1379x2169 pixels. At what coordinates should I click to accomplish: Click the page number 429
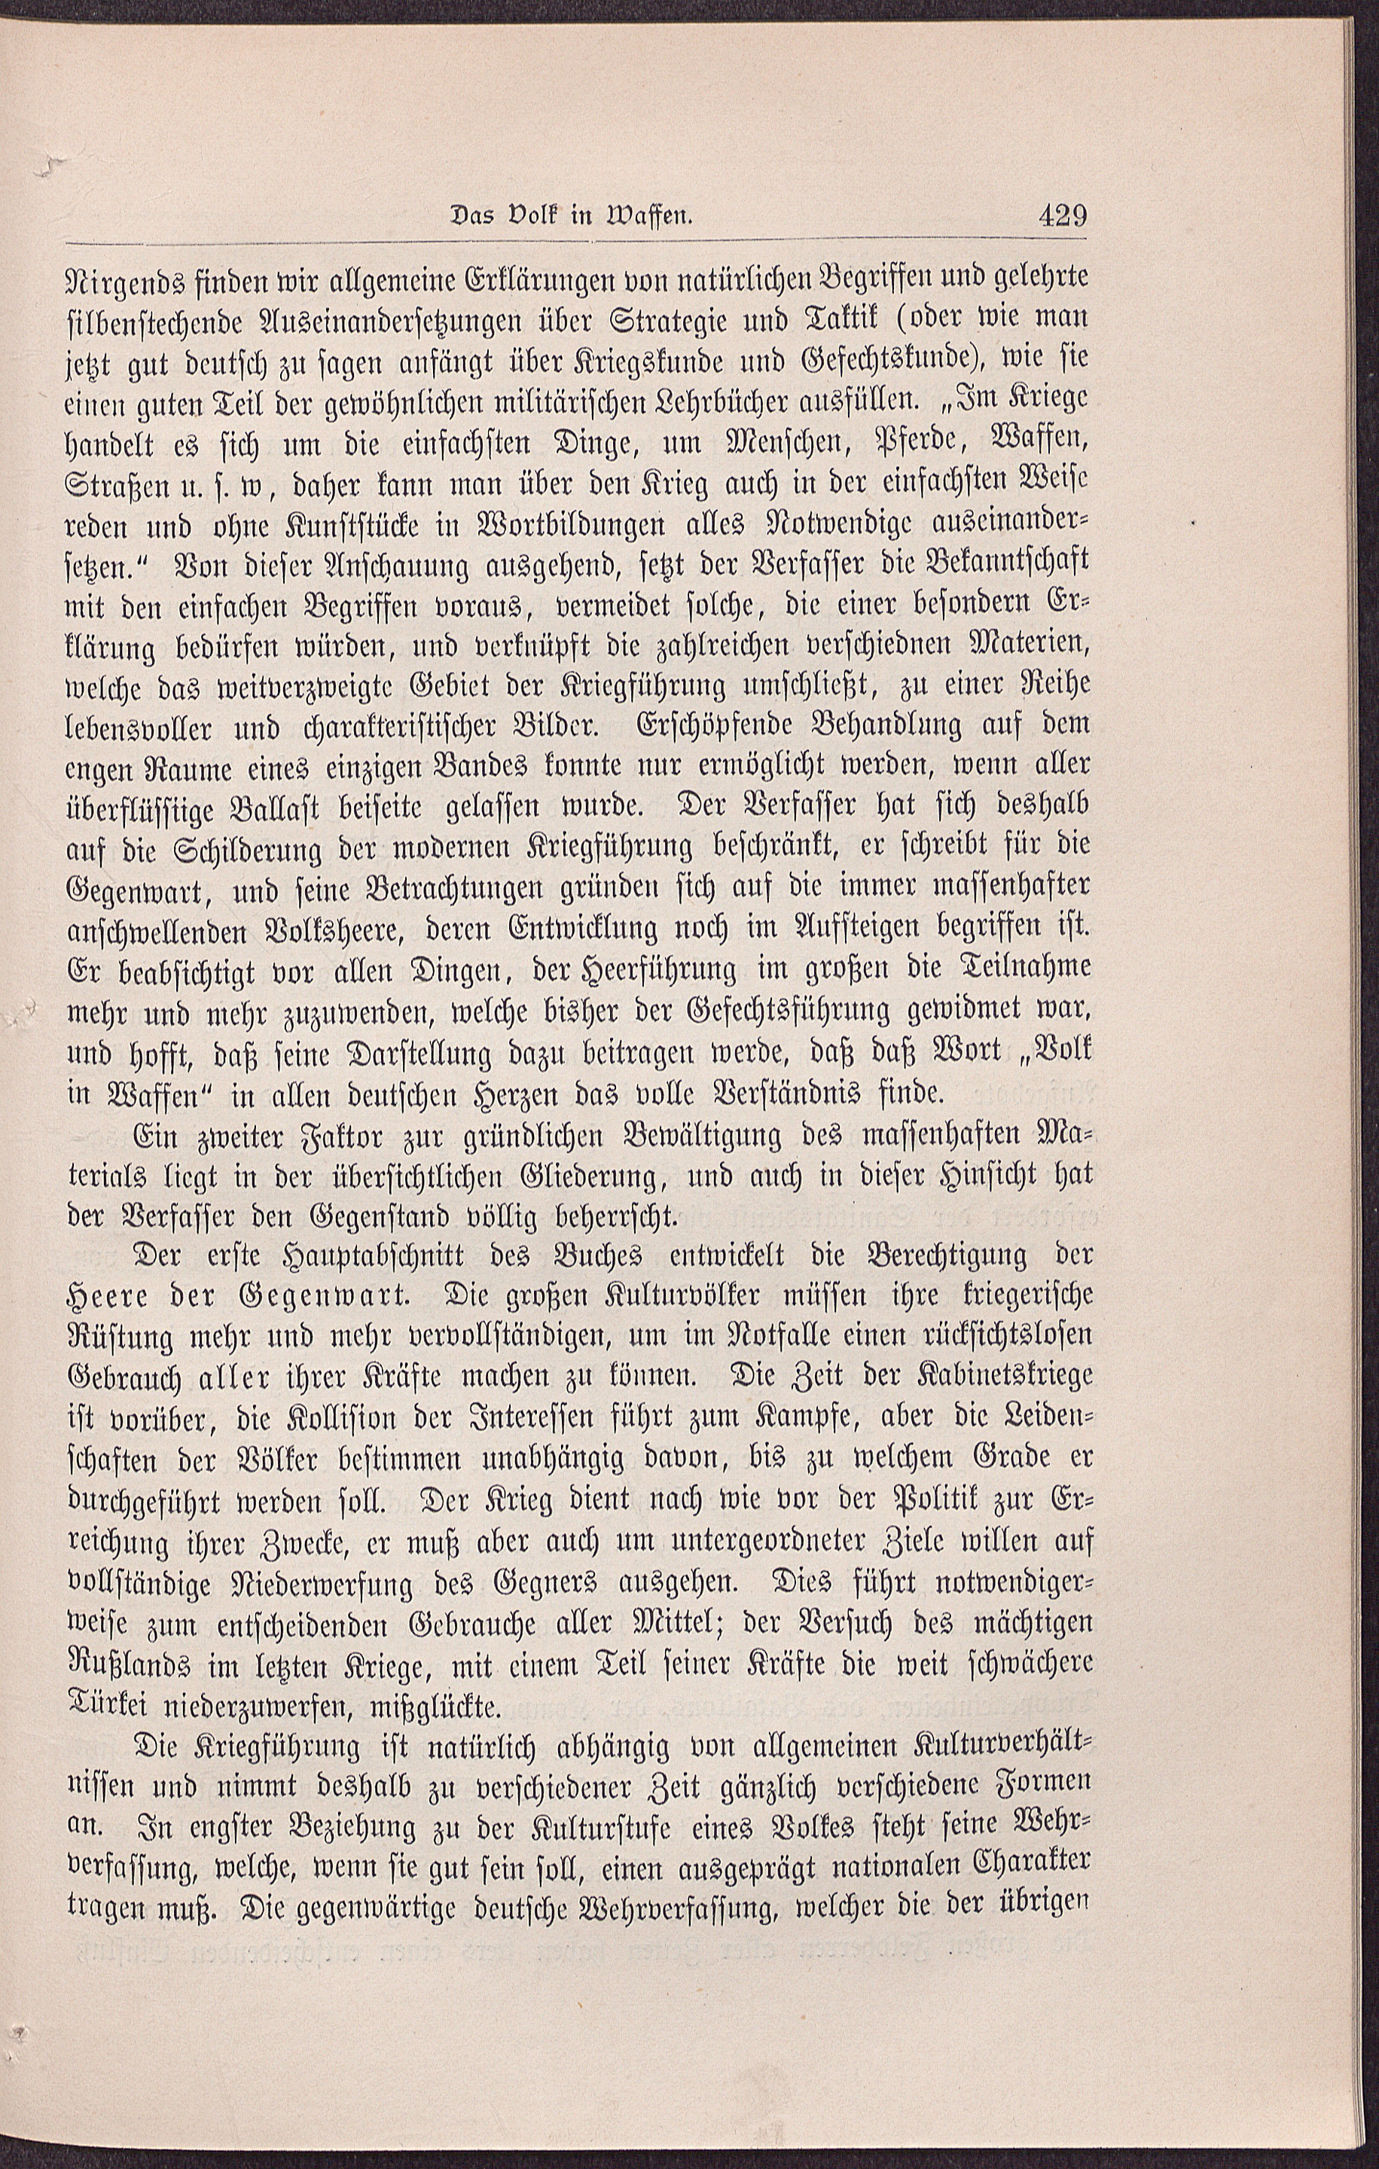[x=1063, y=216]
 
